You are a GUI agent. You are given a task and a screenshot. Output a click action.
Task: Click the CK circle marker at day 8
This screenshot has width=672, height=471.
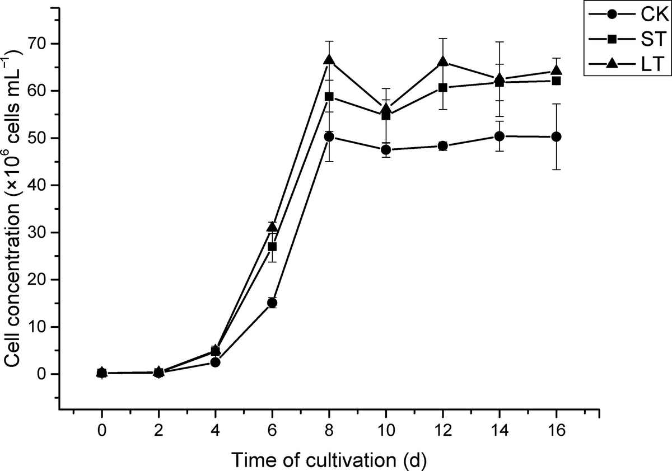coord(329,136)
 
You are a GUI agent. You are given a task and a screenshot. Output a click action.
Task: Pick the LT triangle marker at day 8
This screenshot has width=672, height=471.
coord(329,60)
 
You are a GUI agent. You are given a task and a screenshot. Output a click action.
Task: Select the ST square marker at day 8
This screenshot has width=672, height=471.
coord(329,96)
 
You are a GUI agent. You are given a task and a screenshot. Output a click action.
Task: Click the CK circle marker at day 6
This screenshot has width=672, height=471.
coord(272,303)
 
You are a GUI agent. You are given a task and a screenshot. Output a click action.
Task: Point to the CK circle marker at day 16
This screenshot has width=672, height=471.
coord(557,136)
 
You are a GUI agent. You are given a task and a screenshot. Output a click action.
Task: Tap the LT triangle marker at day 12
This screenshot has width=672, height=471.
coord(443,62)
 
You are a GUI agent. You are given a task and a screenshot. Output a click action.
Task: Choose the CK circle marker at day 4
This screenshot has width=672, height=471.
coord(215,362)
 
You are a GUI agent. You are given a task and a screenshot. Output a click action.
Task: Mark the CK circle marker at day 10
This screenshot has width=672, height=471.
coord(386,149)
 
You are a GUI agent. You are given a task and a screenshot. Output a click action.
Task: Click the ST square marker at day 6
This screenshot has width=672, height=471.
coord(272,247)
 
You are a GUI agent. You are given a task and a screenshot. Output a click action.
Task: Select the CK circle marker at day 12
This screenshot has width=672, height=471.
coord(443,146)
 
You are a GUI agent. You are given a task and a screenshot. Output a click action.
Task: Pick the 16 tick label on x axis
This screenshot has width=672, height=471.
coord(557,433)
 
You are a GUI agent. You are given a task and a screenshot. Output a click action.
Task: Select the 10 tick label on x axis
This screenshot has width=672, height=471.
coord(386,433)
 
